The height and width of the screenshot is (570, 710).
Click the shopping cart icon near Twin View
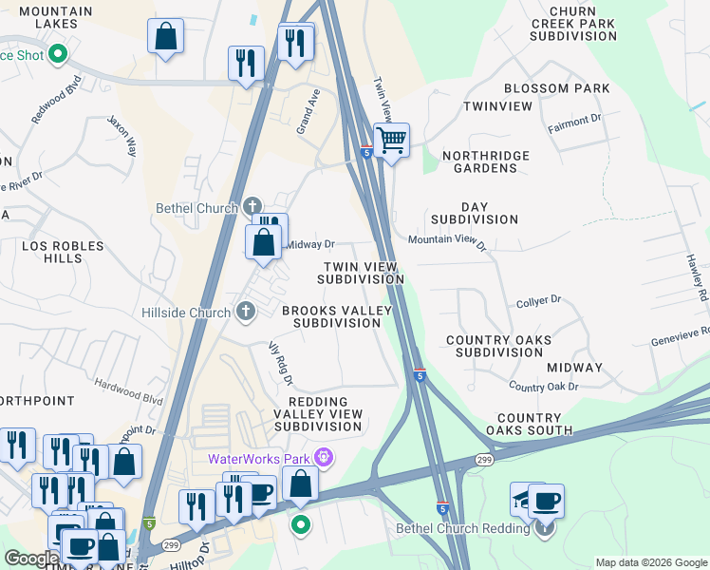coord(391,141)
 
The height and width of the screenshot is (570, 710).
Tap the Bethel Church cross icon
coord(252,204)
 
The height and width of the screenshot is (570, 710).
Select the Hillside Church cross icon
coord(246,311)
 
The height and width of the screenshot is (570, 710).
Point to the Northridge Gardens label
coord(486,161)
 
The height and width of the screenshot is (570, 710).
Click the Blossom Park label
coord(556,88)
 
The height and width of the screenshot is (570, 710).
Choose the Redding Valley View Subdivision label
coord(318,414)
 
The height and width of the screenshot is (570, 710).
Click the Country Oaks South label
coord(529,424)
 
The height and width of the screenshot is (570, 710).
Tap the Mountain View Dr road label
coord(447,242)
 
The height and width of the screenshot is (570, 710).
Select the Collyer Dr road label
coord(539,300)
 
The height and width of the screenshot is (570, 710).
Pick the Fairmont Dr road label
coord(575,121)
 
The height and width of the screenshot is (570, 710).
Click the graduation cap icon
coord(525,498)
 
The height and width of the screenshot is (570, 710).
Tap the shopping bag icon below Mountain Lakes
coord(166,37)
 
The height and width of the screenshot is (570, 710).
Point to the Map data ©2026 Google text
coord(650,562)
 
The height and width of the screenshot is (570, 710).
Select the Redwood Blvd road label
coord(54,106)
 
